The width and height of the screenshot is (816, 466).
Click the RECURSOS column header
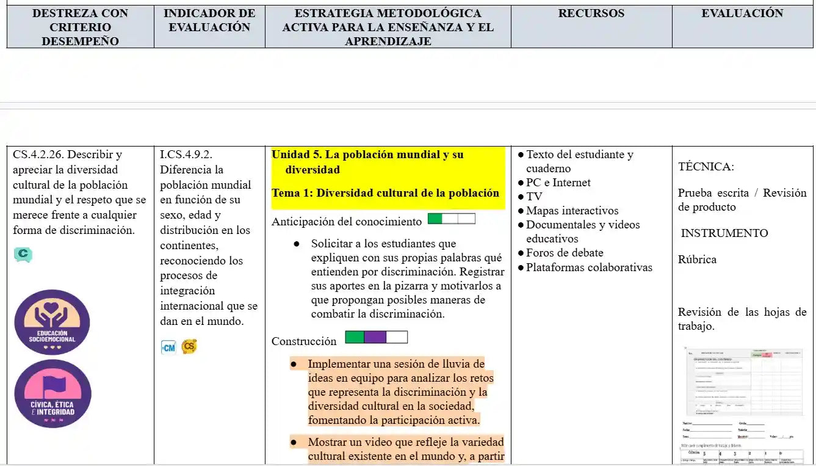pyautogui.click(x=591, y=13)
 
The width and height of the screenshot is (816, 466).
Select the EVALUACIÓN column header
pyautogui.click(x=742, y=13)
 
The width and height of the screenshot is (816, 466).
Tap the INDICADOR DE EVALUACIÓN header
pyautogui.click(x=209, y=20)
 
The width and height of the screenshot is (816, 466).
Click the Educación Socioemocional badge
pyautogui.click(x=52, y=322)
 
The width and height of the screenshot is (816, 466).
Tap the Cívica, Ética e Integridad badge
pyautogui.click(x=52, y=394)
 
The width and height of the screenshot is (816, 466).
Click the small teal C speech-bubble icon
pyautogui.click(x=23, y=253)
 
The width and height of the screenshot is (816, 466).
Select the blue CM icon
pyautogui.click(x=168, y=348)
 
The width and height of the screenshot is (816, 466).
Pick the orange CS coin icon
pyautogui.click(x=189, y=346)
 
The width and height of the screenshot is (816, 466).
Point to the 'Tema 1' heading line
pyautogui.click(x=385, y=193)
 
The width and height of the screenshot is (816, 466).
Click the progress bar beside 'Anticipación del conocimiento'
pyautogui.click(x=451, y=219)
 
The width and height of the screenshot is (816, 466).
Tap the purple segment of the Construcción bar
pyautogui.click(x=375, y=337)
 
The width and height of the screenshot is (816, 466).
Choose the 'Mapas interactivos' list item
pyautogui.click(x=572, y=211)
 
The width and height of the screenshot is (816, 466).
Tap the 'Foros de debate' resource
pyautogui.click(x=565, y=253)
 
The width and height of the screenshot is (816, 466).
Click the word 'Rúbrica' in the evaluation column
pyautogui.click(x=697, y=260)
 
